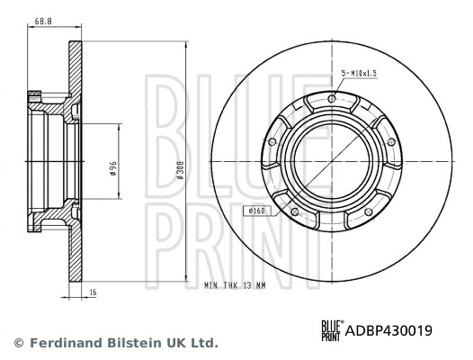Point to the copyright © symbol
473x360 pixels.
click(x=18, y=343)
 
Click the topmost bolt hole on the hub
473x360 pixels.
click(x=333, y=99)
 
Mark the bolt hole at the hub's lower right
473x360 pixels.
click(x=369, y=211)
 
